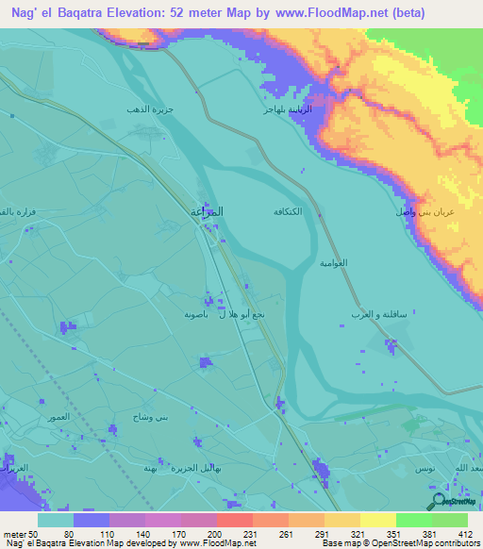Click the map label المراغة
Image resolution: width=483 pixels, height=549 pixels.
[208, 214]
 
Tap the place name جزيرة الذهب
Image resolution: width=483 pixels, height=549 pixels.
[151, 110]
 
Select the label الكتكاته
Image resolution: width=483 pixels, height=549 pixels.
[287, 210]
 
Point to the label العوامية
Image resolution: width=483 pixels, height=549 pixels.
[333, 260]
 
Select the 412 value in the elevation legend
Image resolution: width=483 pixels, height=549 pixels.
[465, 533]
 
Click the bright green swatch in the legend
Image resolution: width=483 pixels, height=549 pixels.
[414, 520]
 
